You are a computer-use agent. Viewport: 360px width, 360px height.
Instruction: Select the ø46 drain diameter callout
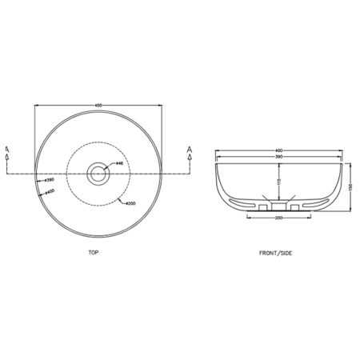(x=118, y=163)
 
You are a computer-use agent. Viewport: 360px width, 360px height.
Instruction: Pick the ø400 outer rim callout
(x=49, y=192)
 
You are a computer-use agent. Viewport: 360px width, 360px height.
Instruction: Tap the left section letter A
(x=6, y=148)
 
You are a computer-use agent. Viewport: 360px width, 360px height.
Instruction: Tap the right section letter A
(x=189, y=148)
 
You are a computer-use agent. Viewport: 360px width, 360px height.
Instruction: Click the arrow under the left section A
(x=6, y=159)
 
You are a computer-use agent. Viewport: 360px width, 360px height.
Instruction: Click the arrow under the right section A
(x=189, y=159)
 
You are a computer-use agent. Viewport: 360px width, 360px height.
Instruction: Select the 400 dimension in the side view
(x=280, y=150)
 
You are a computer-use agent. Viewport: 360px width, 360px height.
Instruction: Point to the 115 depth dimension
(x=277, y=181)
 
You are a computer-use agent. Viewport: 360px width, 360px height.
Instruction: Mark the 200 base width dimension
(x=280, y=217)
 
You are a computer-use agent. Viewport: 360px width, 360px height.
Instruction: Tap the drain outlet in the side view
(x=280, y=206)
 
